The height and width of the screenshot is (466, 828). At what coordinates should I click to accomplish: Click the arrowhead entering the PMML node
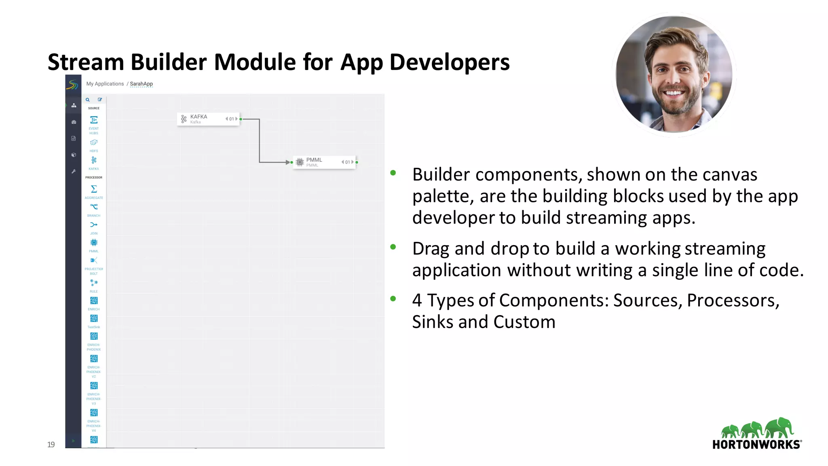click(287, 162)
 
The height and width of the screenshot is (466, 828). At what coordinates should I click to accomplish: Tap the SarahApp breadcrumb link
click(141, 84)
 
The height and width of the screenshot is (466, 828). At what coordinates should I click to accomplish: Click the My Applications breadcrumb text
click(105, 84)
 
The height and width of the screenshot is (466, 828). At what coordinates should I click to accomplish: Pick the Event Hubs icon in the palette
click(94, 120)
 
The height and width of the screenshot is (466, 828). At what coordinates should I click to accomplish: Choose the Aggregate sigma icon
click(94, 189)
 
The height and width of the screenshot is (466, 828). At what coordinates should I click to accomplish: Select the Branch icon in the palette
click(94, 207)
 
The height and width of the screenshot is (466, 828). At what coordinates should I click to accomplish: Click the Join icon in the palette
click(94, 225)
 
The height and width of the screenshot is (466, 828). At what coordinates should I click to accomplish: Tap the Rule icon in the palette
click(94, 282)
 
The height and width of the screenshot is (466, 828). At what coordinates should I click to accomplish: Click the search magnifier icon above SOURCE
click(87, 100)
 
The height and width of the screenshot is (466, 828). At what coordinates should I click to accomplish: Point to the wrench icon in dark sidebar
click(74, 171)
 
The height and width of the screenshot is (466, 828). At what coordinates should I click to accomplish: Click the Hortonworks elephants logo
click(757, 429)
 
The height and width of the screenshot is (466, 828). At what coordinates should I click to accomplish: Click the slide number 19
click(51, 445)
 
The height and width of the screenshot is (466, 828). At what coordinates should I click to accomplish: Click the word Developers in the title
click(449, 62)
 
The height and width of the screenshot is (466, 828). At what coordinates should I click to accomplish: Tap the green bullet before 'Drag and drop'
click(393, 247)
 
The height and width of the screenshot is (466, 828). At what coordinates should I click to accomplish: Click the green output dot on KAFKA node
click(241, 119)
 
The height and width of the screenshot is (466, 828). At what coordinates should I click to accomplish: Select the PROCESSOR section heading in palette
click(94, 178)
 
